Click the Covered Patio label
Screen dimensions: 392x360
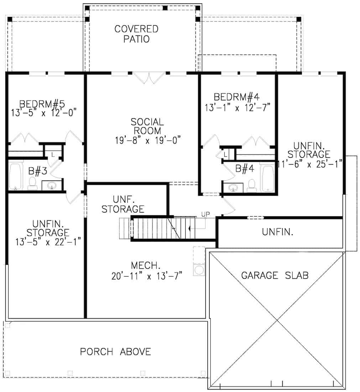136,34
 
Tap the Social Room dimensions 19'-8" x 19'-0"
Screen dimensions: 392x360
148,140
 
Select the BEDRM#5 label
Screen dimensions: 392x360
42,104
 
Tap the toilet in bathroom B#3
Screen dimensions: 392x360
32,183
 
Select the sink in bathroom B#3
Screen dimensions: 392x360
52,185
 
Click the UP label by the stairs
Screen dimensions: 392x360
205,214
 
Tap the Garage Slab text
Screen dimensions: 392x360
275,275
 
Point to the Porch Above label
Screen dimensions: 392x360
115,352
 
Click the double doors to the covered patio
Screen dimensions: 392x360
149,78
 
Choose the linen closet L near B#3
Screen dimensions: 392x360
53,155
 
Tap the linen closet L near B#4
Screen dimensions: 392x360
225,154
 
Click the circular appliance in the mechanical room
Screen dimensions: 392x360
198,269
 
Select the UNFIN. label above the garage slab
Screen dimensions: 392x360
278,232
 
